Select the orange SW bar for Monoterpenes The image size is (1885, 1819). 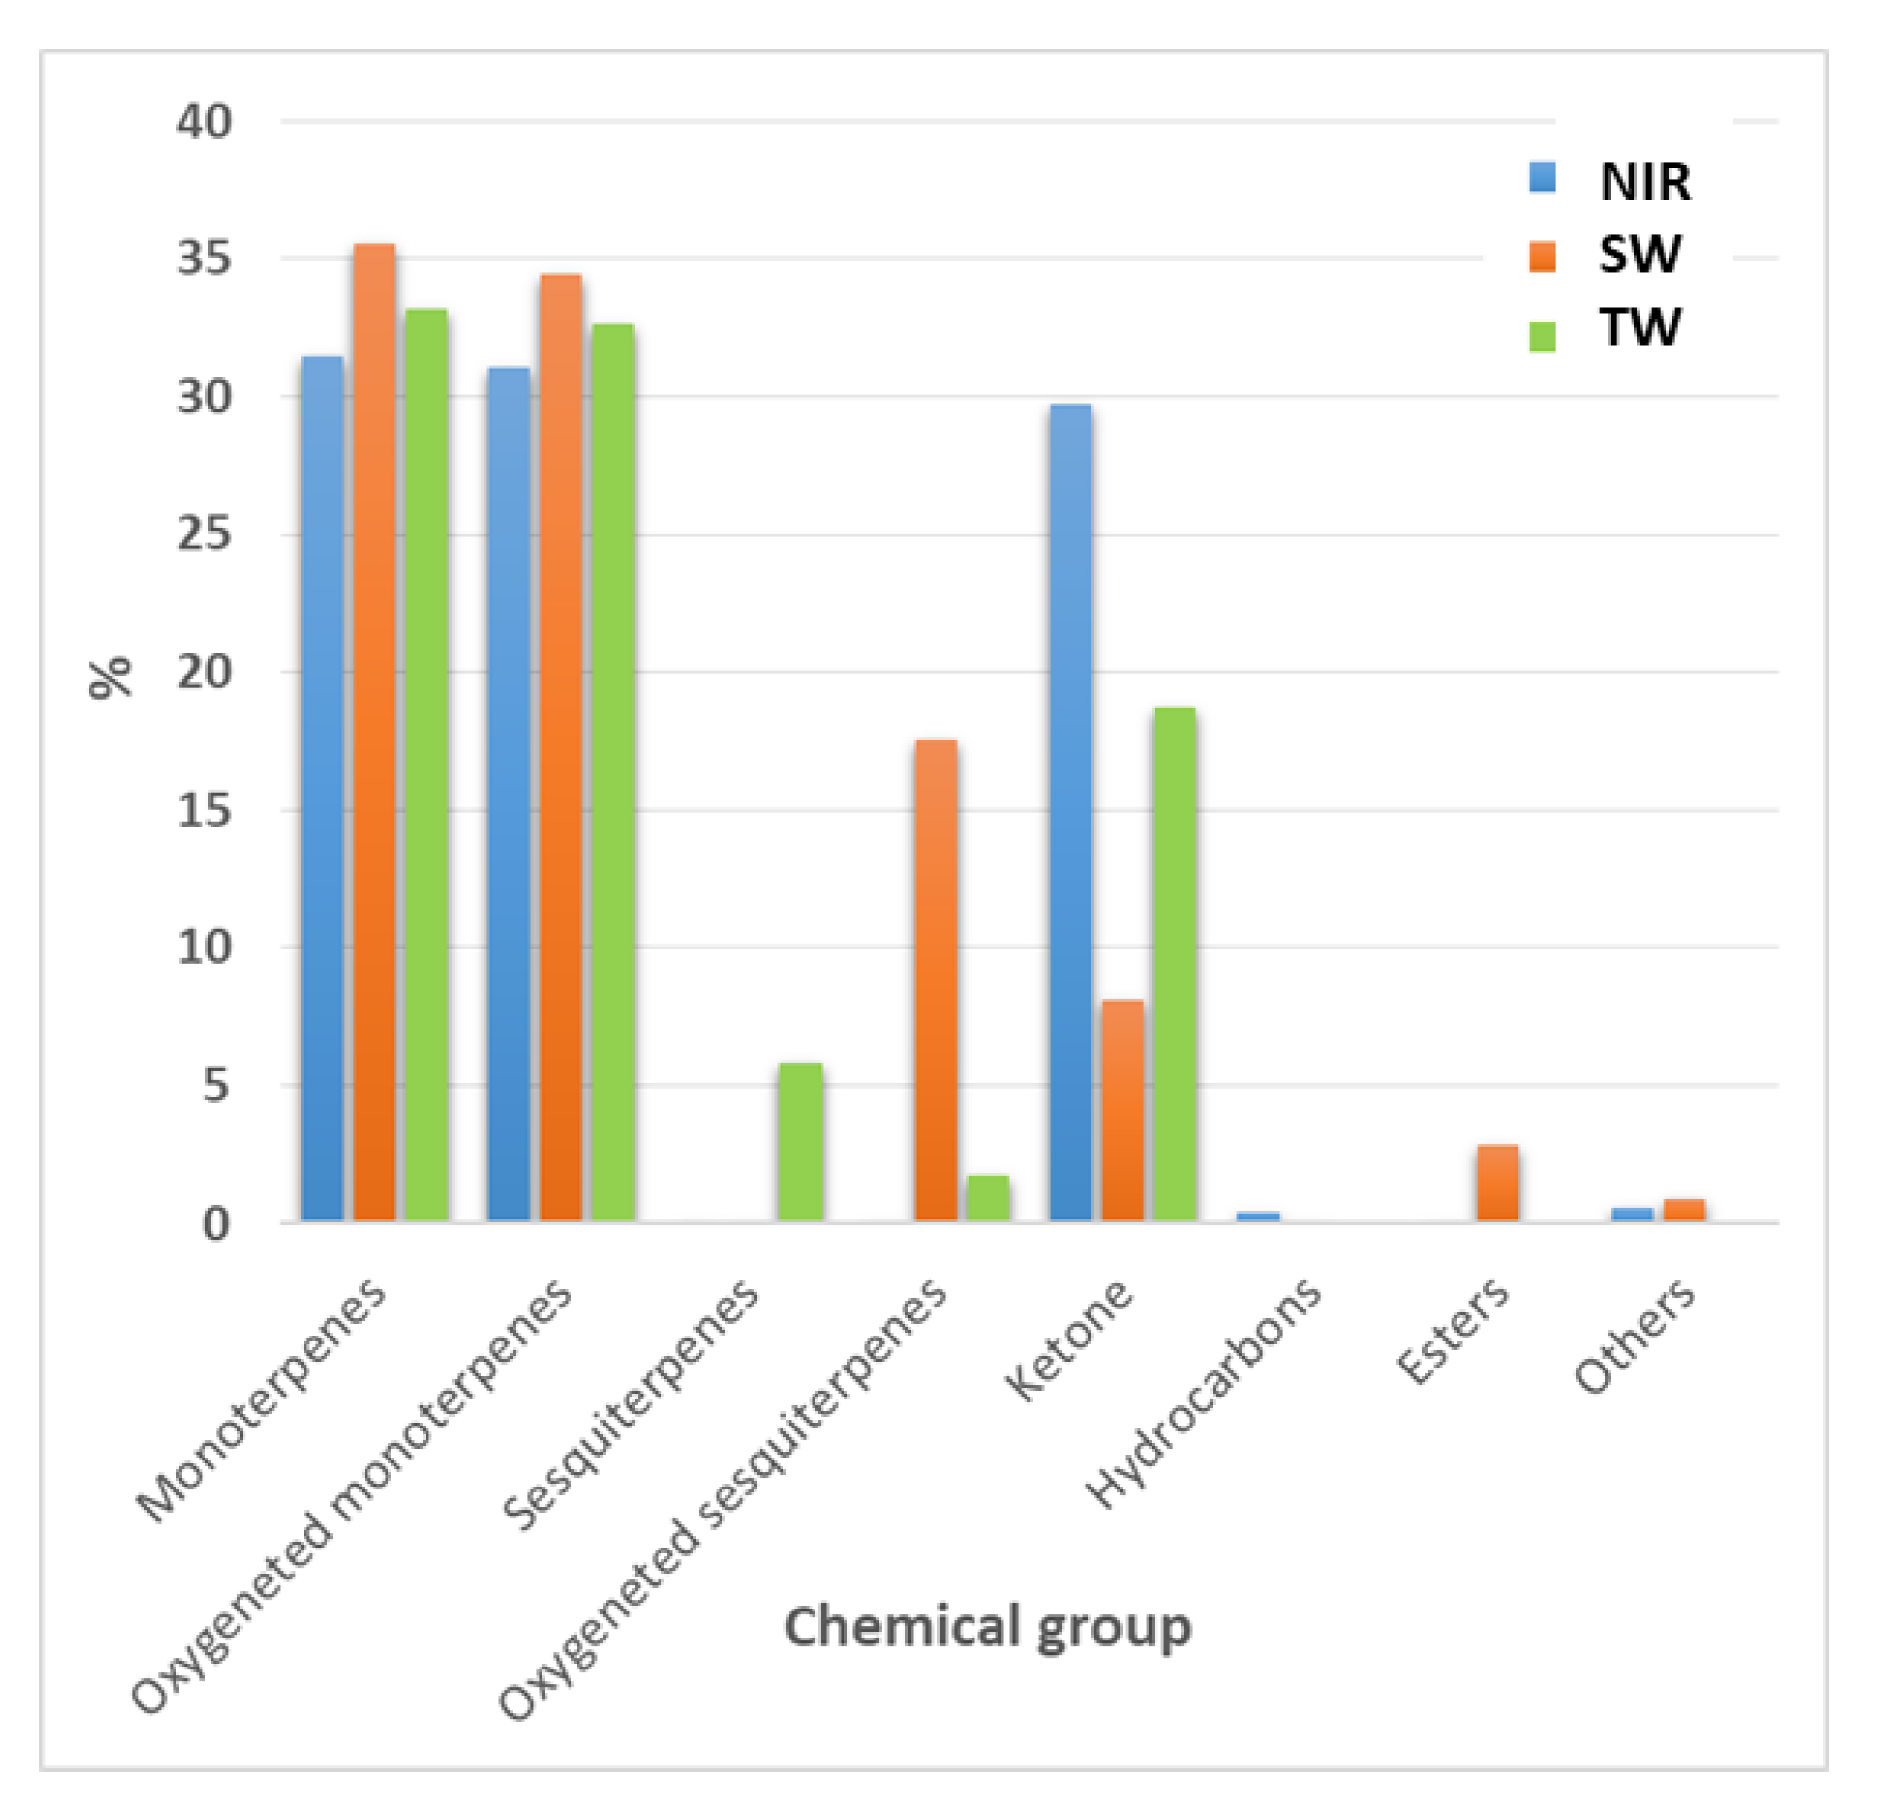point(374,732)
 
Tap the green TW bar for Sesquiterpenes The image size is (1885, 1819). point(800,1143)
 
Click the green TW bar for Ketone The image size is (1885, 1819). point(1174,965)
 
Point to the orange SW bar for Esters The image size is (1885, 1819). point(1497,1183)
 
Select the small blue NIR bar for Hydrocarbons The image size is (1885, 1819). point(1258,1217)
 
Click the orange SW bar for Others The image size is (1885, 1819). point(1684,1211)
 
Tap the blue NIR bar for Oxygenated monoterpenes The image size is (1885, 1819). point(509,794)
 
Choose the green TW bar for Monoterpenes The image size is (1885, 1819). point(426,765)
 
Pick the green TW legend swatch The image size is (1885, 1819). point(1542,335)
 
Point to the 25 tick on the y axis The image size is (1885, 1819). point(204,534)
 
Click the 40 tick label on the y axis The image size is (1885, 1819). point(204,122)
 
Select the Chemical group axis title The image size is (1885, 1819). point(988,1627)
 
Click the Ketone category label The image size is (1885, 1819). point(1070,1340)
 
